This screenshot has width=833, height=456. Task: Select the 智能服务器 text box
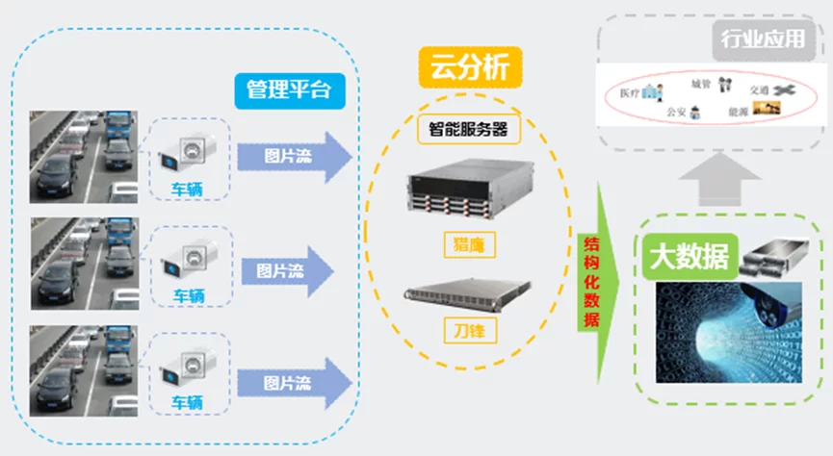pyautogui.click(x=468, y=128)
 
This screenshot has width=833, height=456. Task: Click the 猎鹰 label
pyautogui.click(x=469, y=245)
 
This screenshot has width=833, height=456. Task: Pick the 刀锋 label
pyautogui.click(x=469, y=330)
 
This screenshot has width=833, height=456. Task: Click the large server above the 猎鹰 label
pyautogui.click(x=469, y=192)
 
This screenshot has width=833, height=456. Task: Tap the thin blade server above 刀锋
pyautogui.click(x=469, y=289)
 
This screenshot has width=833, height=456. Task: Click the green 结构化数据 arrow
pyautogui.click(x=589, y=279)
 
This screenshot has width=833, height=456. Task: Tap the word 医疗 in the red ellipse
pyautogui.click(x=629, y=94)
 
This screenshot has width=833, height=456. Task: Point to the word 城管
pyautogui.click(x=700, y=84)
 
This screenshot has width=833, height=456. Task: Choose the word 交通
pyautogui.click(x=760, y=90)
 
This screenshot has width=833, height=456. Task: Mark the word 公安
pyautogui.click(x=676, y=113)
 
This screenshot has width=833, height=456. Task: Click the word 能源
pyautogui.click(x=739, y=112)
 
